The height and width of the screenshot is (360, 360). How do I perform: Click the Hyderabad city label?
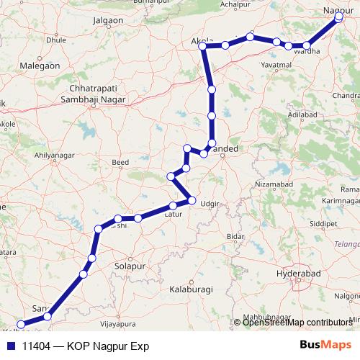(302, 275)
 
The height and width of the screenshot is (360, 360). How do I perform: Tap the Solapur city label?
(130, 266)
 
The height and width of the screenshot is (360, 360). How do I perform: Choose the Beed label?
(121, 163)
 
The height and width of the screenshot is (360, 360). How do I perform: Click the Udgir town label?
(209, 204)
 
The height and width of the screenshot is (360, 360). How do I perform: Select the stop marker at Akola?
(203, 47)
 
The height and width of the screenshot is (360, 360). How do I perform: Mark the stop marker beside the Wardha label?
(306, 46)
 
